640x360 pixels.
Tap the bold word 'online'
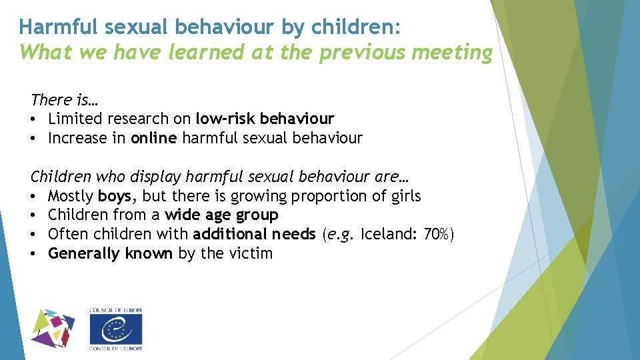tap(154, 139)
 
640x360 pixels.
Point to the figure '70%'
tap(437, 235)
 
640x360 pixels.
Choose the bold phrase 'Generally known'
tap(111, 254)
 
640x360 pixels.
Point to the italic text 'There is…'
tap(64, 100)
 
